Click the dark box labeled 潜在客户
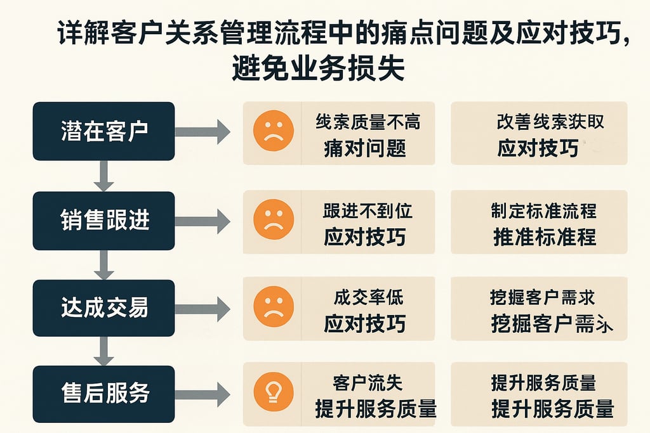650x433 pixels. [103, 131]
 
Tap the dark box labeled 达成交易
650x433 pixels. [103, 307]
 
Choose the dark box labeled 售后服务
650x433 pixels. [103, 394]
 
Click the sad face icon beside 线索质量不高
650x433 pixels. [273, 131]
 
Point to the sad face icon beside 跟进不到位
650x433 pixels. [273, 219]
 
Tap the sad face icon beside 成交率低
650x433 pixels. [273, 307]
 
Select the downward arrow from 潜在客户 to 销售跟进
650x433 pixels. [103, 176]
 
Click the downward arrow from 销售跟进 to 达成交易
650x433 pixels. [103, 264]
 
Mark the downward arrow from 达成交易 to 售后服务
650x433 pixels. [103, 351]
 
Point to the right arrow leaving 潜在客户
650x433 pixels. [202, 131]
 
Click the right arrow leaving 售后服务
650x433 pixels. [202, 394]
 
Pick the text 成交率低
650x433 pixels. [368, 297]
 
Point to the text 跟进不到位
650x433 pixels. [368, 210]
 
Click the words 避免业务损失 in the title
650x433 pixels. [318, 68]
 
